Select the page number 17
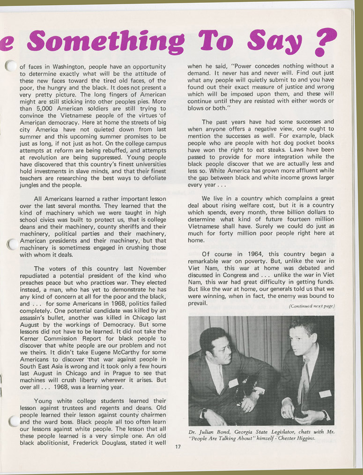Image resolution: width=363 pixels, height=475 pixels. pyautogui.click(x=178, y=446)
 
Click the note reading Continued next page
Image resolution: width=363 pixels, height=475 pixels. pyautogui.click(x=311, y=306)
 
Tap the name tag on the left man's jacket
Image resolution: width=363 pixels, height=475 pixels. pyautogui.click(x=233, y=383)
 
